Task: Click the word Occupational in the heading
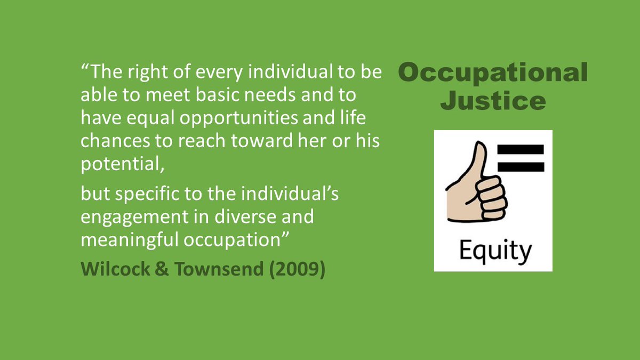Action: [492, 73]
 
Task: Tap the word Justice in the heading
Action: [493, 100]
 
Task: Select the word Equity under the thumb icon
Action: [493, 250]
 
